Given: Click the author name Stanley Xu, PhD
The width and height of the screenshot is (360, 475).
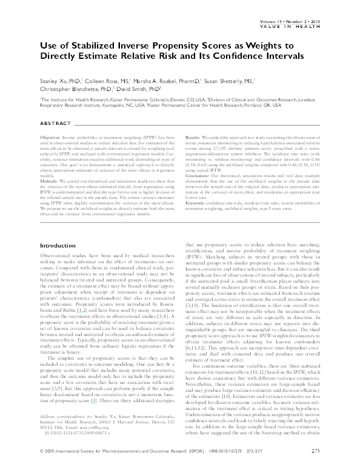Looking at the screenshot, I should [x=60, y=78].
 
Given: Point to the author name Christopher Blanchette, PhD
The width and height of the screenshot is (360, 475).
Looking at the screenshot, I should [x=72, y=87].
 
